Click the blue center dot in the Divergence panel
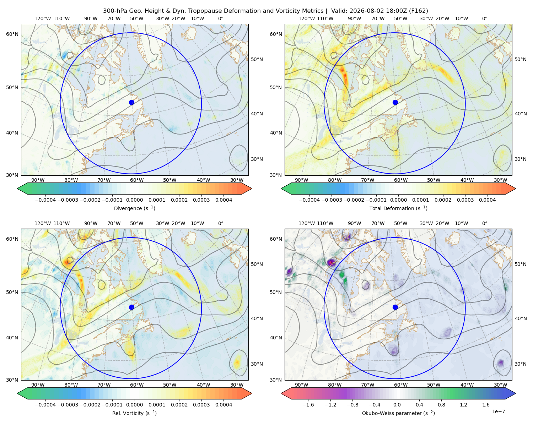click(131, 102)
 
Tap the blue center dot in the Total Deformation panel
click(395, 102)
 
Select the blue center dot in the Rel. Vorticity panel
click(131, 307)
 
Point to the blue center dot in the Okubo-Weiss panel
click(395, 307)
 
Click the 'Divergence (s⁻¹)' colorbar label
click(134, 208)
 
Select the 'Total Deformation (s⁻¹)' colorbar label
click(398, 208)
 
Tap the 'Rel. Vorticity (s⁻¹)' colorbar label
click(134, 413)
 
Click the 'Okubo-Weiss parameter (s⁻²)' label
click(398, 413)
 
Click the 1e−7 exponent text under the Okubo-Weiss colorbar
click(498, 411)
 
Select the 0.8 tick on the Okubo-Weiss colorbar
click(441, 404)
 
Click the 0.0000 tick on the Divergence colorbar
click(134, 200)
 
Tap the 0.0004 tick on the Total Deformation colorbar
click(487, 200)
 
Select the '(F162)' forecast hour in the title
click(418, 11)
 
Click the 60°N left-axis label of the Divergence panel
click(12, 34)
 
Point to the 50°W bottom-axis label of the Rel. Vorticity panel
click(169, 385)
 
